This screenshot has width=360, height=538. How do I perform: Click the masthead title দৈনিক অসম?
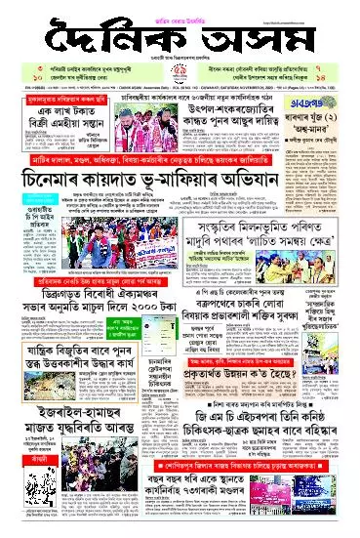click(180, 38)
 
